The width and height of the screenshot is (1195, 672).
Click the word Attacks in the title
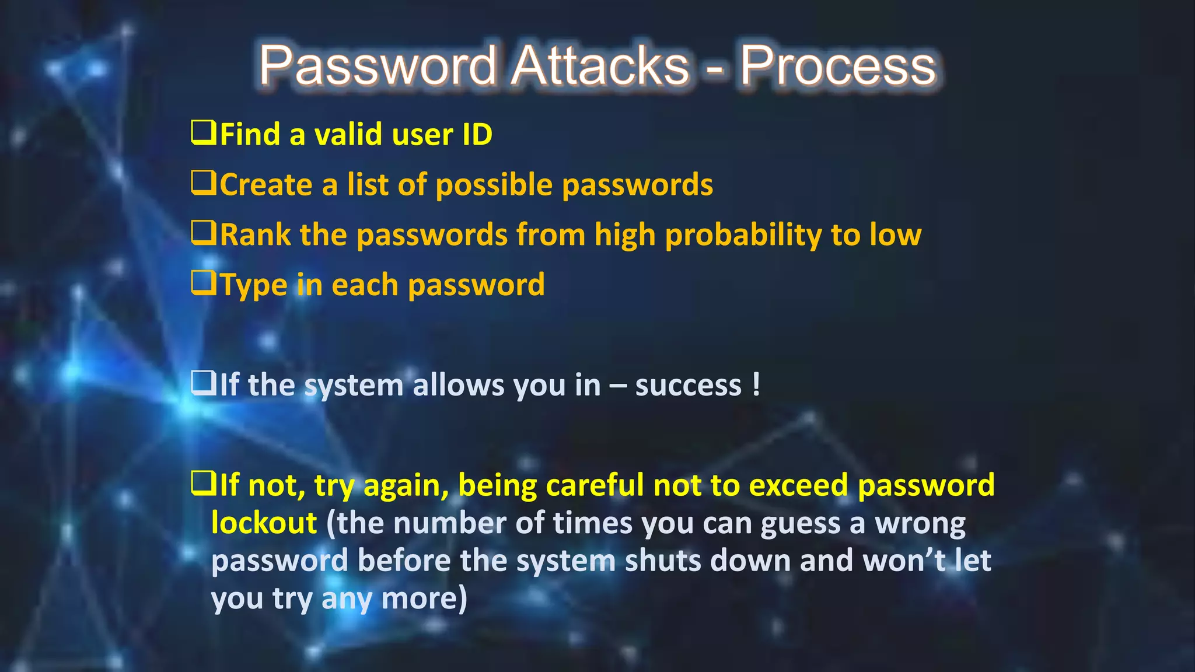tap(601, 65)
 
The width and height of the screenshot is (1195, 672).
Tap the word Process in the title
tap(838, 66)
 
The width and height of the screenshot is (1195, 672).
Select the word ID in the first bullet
tap(477, 135)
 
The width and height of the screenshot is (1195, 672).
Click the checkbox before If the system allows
tap(204, 383)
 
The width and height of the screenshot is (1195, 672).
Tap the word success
tap(688, 386)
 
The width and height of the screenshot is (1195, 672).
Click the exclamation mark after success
tap(756, 385)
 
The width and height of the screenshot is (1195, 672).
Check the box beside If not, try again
tap(204, 484)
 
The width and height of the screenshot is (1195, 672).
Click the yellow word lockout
tap(264, 523)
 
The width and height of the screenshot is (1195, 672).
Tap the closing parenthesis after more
tap(463, 598)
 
